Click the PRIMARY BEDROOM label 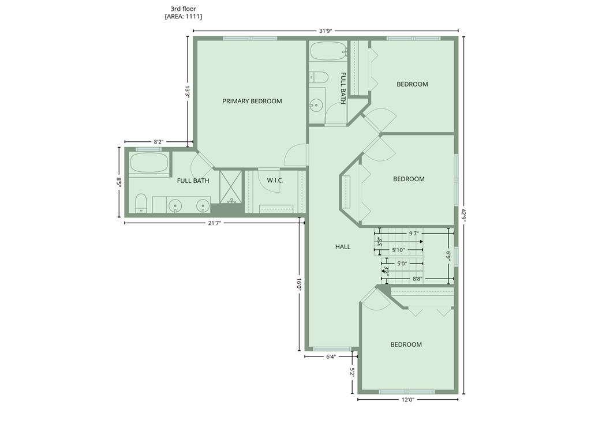[x=252, y=101]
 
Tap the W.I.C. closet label [x=275, y=181]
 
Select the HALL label [x=343, y=247]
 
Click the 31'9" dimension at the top [x=326, y=31]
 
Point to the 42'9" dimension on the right [x=463, y=216]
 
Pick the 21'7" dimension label [x=215, y=223]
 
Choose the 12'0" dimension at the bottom [x=408, y=400]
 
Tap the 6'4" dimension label [x=331, y=356]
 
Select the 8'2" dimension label [x=159, y=142]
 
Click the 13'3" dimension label [x=187, y=92]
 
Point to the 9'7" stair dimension [x=414, y=233]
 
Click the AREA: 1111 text [x=183, y=17]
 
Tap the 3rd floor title [x=183, y=9]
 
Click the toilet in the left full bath [x=141, y=204]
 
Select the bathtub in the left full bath [x=149, y=164]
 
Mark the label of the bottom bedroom [x=406, y=344]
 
